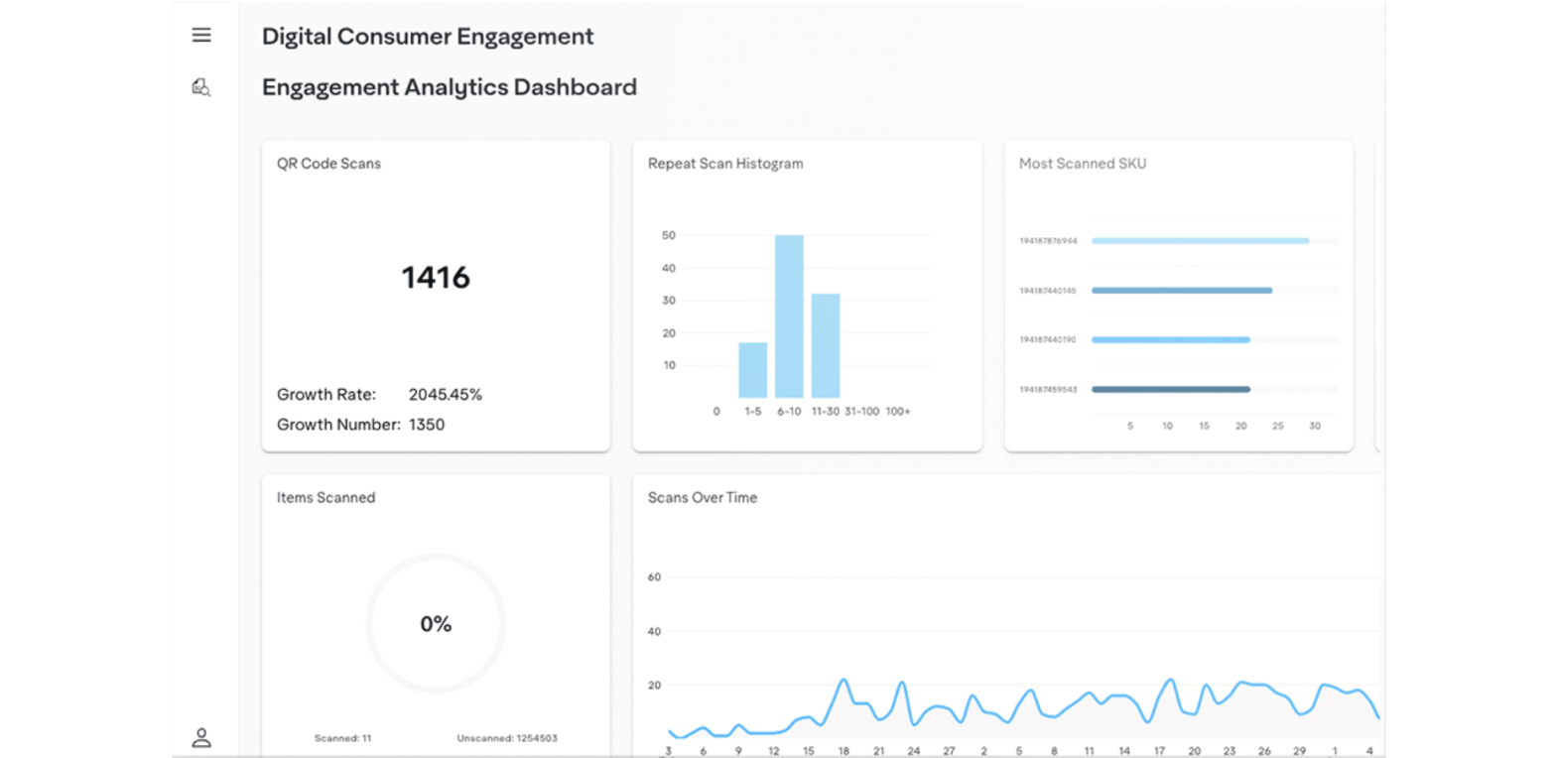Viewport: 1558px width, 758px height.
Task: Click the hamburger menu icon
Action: tap(201, 36)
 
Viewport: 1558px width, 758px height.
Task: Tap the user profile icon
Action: tap(201, 737)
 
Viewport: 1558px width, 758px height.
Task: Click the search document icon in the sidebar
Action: tap(201, 87)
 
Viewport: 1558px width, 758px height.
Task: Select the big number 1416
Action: tap(436, 278)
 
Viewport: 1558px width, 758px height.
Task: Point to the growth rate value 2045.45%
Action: tap(446, 395)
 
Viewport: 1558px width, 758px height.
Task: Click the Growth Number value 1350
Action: tap(427, 425)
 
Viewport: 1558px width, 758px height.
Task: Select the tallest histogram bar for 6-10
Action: tap(789, 316)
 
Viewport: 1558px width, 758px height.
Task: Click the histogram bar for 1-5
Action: tap(752, 370)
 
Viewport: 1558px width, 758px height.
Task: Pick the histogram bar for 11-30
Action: tap(826, 345)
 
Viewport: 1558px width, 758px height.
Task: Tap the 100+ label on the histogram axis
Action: tap(898, 412)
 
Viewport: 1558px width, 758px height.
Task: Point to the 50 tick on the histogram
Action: tap(669, 236)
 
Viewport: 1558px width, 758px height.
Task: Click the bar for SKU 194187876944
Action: tap(1200, 241)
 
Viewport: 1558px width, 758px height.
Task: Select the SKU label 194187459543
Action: tap(1048, 390)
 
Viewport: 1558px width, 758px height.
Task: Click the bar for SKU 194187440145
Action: tap(1182, 291)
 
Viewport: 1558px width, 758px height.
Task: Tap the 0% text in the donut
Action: tap(436, 624)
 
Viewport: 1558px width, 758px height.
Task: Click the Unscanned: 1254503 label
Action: tap(507, 738)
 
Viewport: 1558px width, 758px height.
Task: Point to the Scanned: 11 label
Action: tap(342, 738)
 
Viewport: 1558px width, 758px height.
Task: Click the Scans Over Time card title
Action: tap(703, 498)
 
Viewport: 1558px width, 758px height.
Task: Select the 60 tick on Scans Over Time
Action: tap(654, 577)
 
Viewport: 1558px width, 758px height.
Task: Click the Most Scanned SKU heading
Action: tap(1083, 164)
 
